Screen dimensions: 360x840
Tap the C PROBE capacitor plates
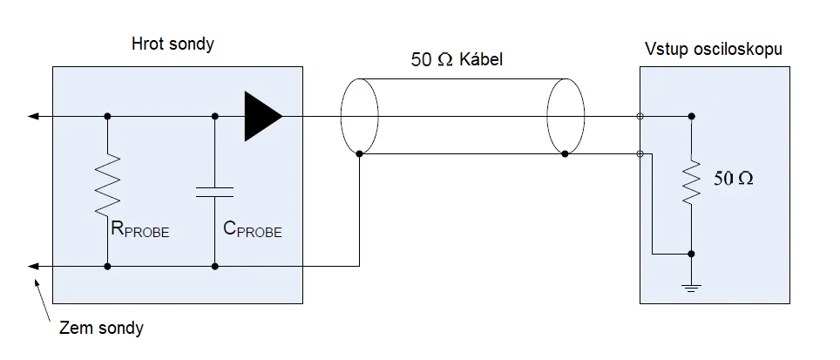pos(214,191)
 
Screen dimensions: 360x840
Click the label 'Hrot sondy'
pos(173,44)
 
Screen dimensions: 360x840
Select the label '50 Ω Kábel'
pos(457,61)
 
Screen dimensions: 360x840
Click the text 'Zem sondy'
pos(101,329)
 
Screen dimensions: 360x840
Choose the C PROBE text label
pos(253,230)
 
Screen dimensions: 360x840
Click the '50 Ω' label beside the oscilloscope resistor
pos(733,180)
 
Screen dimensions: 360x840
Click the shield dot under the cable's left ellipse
pos(359,153)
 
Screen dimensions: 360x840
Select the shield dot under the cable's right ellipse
pos(566,153)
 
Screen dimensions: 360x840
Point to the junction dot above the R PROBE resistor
pos(107,116)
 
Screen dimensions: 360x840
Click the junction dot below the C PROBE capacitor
pos(214,266)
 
